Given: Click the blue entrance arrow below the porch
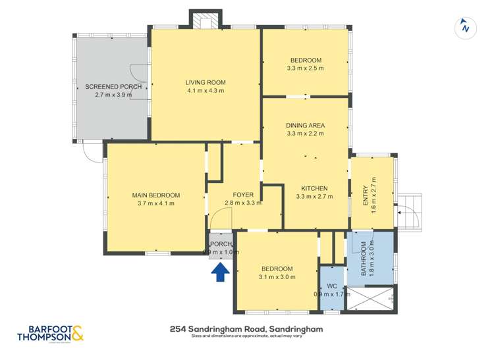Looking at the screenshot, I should pyautogui.click(x=221, y=270).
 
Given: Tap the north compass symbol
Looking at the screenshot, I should pyautogui.click(x=466, y=28).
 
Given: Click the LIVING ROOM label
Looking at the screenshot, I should pyautogui.click(x=206, y=82).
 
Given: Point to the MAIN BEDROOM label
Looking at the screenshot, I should pyautogui.click(x=156, y=195).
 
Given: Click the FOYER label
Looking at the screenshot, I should pyautogui.click(x=243, y=195).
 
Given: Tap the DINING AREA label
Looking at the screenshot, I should pyautogui.click(x=305, y=125).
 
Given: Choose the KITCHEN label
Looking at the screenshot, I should pyautogui.click(x=312, y=188).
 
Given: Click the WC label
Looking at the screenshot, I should pyautogui.click(x=332, y=286).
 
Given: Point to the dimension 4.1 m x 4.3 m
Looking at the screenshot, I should pyautogui.click(x=206, y=91).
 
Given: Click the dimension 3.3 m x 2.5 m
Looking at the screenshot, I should pyautogui.click(x=305, y=68).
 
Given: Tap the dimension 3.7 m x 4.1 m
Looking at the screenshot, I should pyautogui.click(x=156, y=203).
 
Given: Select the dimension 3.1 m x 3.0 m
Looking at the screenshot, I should pyautogui.click(x=277, y=277).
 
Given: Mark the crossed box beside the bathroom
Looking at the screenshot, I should pyautogui.click(x=372, y=299).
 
